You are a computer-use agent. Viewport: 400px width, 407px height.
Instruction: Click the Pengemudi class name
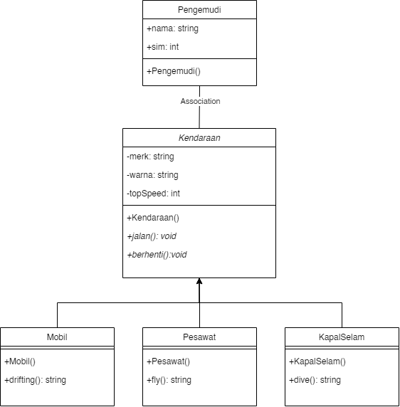199,10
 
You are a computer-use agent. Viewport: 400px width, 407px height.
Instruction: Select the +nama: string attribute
172,28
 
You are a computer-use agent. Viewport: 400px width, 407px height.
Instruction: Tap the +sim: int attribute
162,47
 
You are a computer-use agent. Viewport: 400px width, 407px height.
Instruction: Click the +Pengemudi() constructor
174,71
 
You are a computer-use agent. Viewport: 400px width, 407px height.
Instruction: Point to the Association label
200,101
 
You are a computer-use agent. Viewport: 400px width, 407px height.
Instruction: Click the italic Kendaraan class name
199,138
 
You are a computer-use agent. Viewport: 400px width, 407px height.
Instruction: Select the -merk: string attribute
149,157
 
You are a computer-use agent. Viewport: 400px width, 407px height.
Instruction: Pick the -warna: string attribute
152,175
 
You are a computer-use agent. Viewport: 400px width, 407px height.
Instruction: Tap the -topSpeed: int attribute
152,194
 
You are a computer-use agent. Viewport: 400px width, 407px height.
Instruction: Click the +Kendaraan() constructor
153,218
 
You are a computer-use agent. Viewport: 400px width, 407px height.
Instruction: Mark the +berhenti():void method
157,255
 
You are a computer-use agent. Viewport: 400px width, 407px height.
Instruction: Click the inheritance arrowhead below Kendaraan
199,282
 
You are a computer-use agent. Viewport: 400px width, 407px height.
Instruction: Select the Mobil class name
57,337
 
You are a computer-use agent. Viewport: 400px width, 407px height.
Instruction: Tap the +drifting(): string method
35,380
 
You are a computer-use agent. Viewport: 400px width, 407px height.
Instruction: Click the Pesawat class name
199,337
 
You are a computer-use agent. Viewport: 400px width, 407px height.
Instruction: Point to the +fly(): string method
169,380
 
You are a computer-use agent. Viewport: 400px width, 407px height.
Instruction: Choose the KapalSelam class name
342,337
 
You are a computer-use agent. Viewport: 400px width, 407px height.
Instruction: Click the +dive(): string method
315,380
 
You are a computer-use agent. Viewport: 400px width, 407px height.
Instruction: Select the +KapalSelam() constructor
317,361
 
